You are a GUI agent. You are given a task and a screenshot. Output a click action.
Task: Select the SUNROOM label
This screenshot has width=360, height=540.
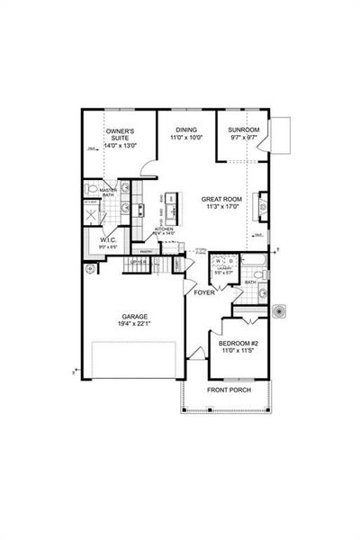click(x=243, y=129)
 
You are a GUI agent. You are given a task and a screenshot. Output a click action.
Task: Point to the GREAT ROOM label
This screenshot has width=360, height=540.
click(x=220, y=200)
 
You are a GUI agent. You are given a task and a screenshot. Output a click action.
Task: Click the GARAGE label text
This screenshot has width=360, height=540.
click(x=135, y=317)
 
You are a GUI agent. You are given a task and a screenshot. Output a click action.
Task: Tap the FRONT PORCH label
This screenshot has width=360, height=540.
click(x=229, y=391)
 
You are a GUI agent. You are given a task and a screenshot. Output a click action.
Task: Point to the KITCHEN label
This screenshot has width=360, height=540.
click(x=164, y=229)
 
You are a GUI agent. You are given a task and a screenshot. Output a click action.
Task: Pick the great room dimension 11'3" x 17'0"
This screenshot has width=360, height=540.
click(x=220, y=209)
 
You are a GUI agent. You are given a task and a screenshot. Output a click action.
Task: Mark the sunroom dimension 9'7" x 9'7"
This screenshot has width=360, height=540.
click(x=243, y=138)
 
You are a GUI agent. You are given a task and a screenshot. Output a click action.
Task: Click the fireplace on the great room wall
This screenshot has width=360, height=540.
click(x=262, y=205)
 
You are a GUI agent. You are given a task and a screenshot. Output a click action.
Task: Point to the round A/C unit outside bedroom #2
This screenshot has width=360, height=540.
click(x=282, y=311)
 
